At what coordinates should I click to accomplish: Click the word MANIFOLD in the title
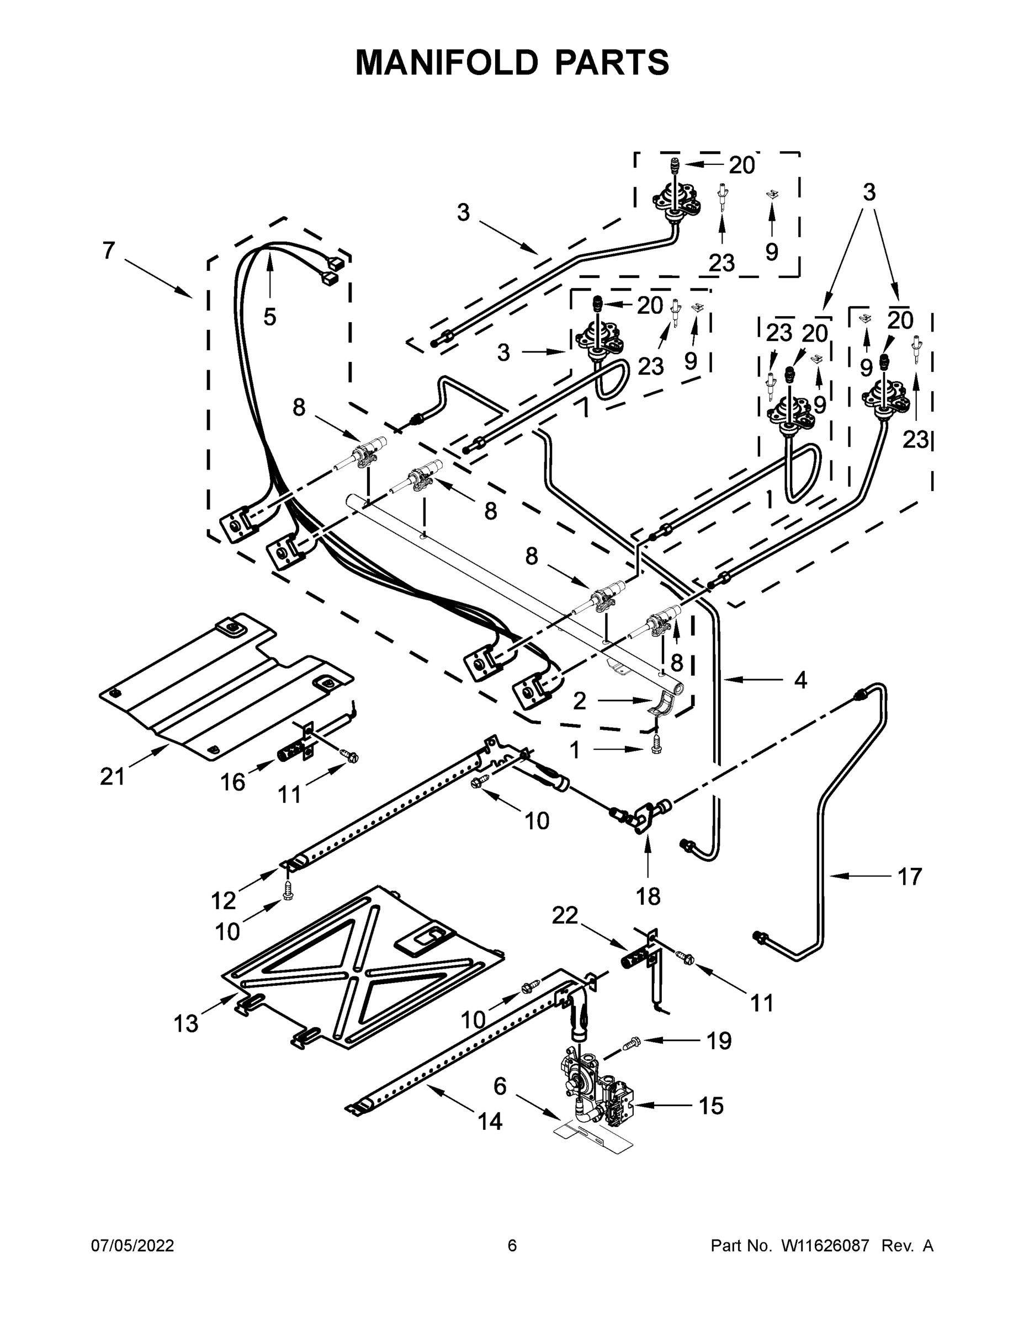click(x=447, y=62)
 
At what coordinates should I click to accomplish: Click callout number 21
click(x=112, y=776)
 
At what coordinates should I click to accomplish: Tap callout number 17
click(x=909, y=876)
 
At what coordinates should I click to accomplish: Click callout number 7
click(x=109, y=250)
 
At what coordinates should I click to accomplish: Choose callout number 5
click(x=270, y=316)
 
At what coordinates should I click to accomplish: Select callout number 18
click(x=648, y=896)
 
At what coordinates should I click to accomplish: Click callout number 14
click(x=490, y=1122)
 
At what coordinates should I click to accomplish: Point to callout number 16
click(x=232, y=783)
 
